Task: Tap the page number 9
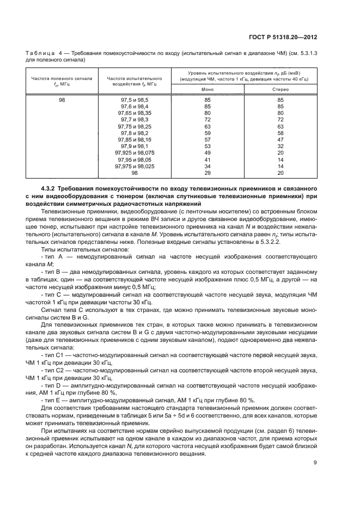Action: tap(315, 463)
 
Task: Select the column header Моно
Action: tap(207, 89)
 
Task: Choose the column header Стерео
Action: tap(280, 89)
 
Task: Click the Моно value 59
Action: tap(207, 133)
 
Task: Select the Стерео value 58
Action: tap(280, 133)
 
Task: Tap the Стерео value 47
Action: tap(280, 139)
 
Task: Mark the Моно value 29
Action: tap(207, 173)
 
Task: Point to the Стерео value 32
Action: tap(280, 146)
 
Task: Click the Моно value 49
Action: tap(207, 153)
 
